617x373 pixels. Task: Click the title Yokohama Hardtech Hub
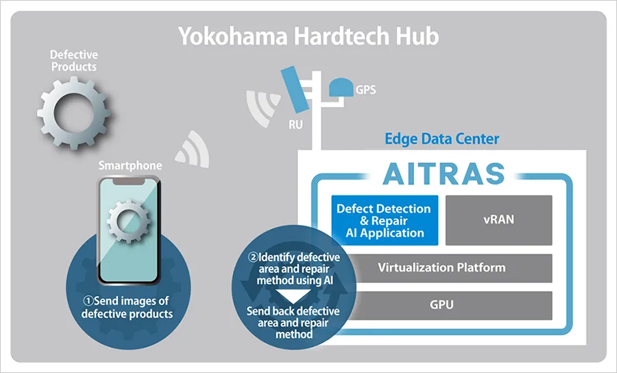(308, 36)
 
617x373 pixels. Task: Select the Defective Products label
(73, 60)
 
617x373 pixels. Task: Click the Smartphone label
(130, 165)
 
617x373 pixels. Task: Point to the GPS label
(365, 90)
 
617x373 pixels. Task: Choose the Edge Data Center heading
(441, 139)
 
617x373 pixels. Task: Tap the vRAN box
(498, 220)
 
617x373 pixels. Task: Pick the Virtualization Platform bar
(441, 267)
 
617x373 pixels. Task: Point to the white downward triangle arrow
(293, 296)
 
